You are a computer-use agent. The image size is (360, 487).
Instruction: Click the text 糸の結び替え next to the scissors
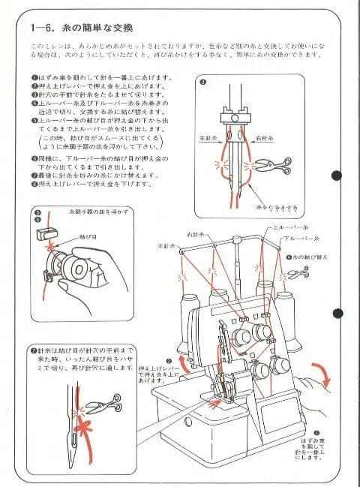308,257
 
